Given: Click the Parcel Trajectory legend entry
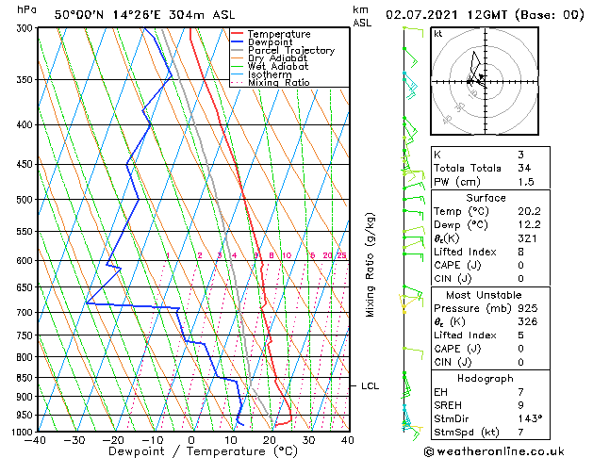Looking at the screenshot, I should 290,50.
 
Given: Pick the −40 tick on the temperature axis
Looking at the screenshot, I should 36,440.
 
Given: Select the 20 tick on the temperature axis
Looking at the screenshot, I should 270,440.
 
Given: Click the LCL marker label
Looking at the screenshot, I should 370,385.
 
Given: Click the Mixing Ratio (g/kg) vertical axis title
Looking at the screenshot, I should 371,265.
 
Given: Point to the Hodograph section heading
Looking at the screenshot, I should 485,378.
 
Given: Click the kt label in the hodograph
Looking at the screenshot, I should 437,33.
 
